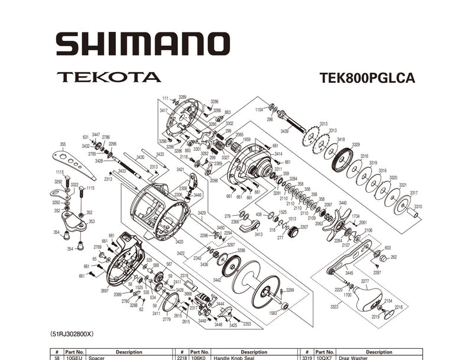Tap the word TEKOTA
point(109,77)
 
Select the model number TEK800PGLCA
point(367,78)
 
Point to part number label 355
point(63,144)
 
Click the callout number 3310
point(418,206)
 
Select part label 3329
point(355,145)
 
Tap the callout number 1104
point(259,109)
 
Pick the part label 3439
point(284,131)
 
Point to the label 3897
point(105,291)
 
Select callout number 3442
point(217,279)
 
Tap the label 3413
point(258,234)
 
